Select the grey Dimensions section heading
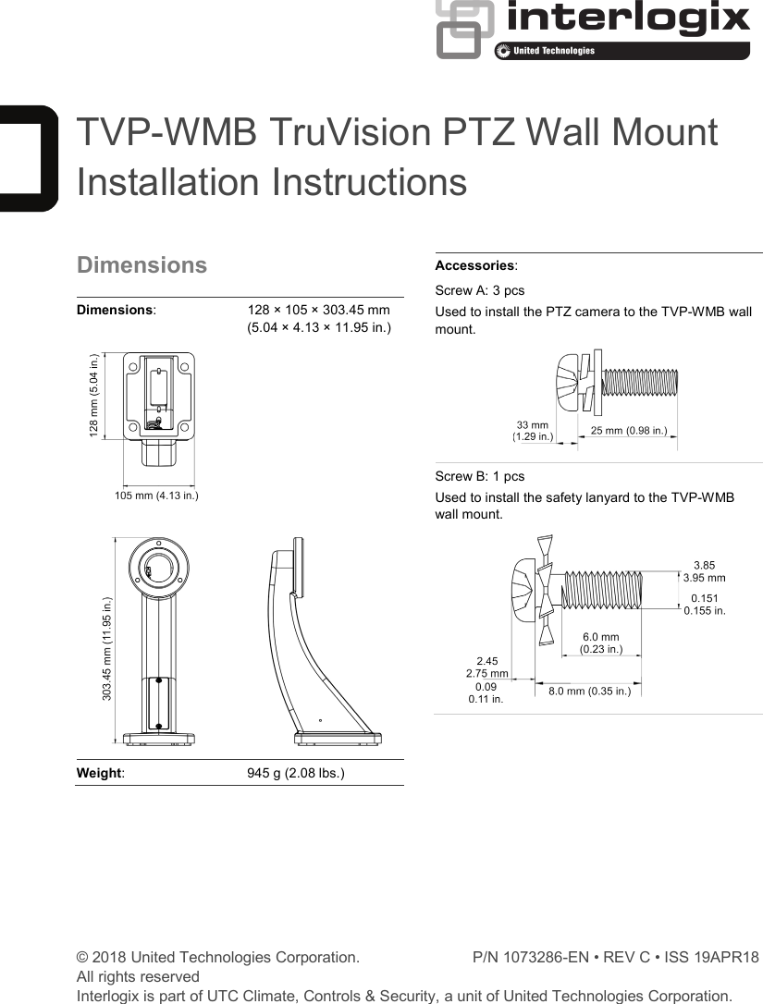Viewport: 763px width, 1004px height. point(142,265)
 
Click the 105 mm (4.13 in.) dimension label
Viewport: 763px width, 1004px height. point(156,496)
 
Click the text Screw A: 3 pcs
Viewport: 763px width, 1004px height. point(479,290)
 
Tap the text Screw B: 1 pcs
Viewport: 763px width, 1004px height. point(479,476)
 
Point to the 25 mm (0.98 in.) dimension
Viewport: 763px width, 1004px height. point(629,431)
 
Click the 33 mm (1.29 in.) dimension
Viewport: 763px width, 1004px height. point(533,430)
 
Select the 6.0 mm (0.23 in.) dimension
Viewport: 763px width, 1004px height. point(600,643)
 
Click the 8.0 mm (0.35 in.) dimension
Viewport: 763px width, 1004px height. point(589,691)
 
